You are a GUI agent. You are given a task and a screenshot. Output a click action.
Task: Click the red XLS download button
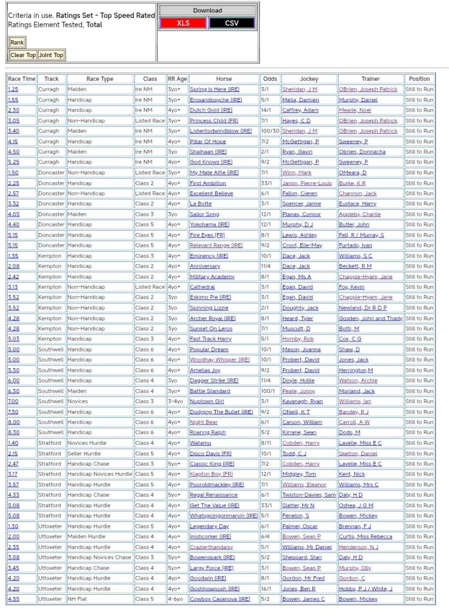tap(183, 23)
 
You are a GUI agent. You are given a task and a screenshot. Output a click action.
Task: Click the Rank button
tap(17, 42)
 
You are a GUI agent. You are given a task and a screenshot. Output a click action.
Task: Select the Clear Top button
tap(23, 55)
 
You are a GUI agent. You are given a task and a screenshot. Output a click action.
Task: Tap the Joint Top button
tap(51, 55)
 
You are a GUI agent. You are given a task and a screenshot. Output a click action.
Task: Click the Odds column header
tap(270, 79)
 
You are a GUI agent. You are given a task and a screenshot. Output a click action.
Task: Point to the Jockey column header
tap(309, 79)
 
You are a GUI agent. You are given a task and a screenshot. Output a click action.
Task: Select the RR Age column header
tap(177, 79)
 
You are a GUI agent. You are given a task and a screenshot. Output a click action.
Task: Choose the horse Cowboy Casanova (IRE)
tap(220, 599)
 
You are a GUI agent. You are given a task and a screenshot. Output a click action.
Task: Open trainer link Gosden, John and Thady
tap(370, 319)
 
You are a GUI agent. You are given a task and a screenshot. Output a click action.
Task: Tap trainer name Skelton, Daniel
tap(358, 454)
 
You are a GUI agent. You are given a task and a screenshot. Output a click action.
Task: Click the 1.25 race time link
tap(13, 90)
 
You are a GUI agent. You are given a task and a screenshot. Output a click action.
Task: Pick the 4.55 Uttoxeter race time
tap(13, 599)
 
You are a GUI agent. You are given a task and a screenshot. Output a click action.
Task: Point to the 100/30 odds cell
tap(270, 131)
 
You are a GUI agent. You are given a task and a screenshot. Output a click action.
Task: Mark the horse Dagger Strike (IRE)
tap(214, 381)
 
